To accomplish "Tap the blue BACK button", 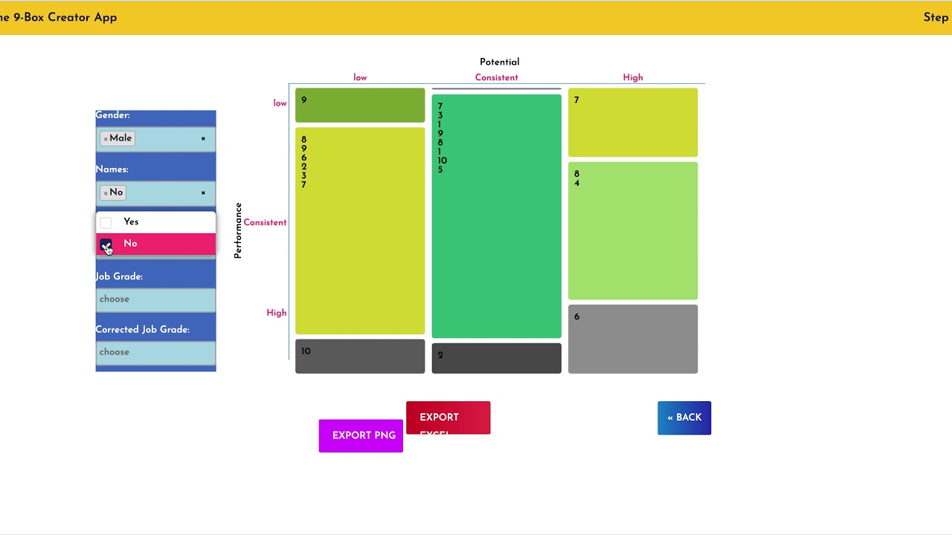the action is (684, 418).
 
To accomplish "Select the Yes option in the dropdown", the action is (131, 222).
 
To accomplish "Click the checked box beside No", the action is (106, 244).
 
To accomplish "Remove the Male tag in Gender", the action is (106, 139).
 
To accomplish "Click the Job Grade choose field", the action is (155, 299).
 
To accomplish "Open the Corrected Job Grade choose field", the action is (155, 352).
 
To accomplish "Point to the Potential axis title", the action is (499, 62).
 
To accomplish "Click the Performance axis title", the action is (238, 230).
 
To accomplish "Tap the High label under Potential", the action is (633, 77).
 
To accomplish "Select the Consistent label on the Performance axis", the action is (265, 223).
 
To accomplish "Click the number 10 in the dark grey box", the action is (306, 351).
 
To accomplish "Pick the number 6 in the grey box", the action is (576, 317).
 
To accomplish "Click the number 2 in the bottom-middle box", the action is (440, 355).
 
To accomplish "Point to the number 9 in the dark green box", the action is (303, 100).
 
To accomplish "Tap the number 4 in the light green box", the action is (576, 184).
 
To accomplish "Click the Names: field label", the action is (112, 169).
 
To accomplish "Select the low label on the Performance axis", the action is (280, 103).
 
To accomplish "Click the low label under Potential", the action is (360, 77).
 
